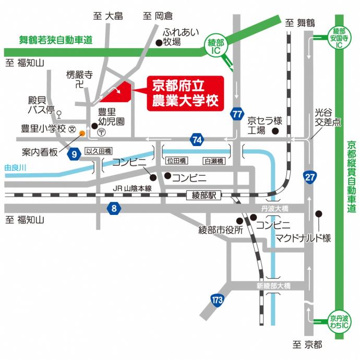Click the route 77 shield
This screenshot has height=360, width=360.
pyautogui.click(x=238, y=114)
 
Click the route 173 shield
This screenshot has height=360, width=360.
pyautogui.click(x=217, y=299)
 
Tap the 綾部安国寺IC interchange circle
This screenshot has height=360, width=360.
pyautogui.click(x=340, y=37)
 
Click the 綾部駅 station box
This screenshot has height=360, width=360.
pyautogui.click(x=203, y=195)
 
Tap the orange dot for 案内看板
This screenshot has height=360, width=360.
pyautogui.click(x=82, y=134)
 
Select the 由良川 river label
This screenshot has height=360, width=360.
pyautogui.click(x=15, y=167)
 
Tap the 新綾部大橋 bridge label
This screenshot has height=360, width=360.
pyautogui.click(x=273, y=286)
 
